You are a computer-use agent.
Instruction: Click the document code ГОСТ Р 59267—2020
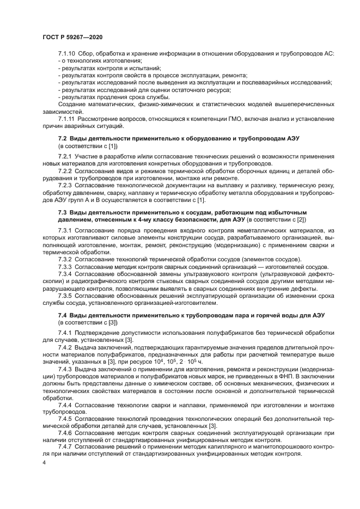(x=72, y=37)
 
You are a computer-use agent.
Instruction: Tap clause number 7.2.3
(x=65, y=185)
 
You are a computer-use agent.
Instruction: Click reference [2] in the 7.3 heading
(x=301, y=219)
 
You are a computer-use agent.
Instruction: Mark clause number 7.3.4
(x=65, y=274)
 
